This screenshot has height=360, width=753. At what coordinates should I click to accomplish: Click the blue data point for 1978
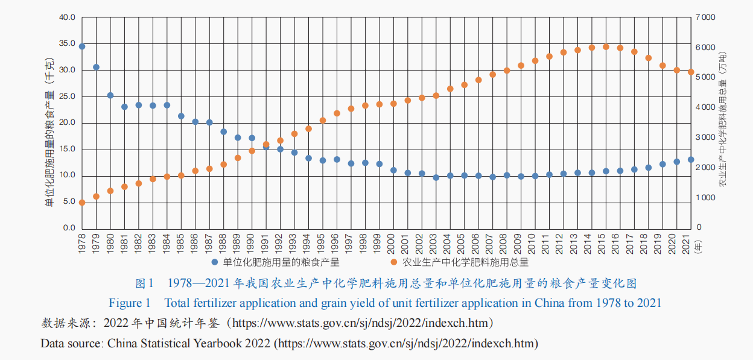[x=82, y=46]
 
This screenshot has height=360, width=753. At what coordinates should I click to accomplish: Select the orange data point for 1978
[x=82, y=203]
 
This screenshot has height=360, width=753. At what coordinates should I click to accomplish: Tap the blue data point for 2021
[x=691, y=160]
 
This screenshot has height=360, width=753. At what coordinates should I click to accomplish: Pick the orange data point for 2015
[x=606, y=46]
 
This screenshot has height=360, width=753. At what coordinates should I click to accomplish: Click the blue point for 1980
[x=110, y=95]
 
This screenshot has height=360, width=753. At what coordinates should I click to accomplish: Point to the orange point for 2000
[x=393, y=104]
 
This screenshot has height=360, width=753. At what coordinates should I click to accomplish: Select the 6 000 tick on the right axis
[x=705, y=48]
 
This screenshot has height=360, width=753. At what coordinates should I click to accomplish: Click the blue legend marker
[x=214, y=262]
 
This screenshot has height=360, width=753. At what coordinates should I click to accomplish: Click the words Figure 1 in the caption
[x=129, y=303]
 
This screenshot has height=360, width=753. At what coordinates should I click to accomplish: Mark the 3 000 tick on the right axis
[x=705, y=137]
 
